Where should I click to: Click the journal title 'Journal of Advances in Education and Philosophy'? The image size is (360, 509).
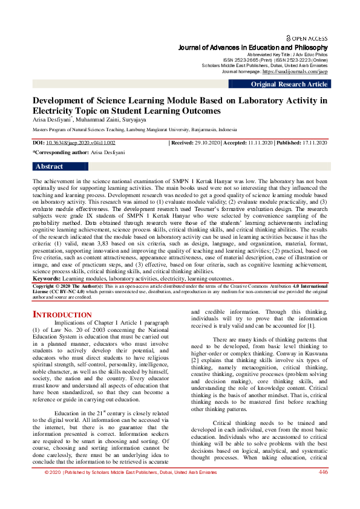(x=253, y=47)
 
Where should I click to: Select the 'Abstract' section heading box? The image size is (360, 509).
(x=50, y=166)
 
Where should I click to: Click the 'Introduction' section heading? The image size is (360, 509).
(x=62, y=315)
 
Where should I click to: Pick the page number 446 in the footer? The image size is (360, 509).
(x=322, y=489)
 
